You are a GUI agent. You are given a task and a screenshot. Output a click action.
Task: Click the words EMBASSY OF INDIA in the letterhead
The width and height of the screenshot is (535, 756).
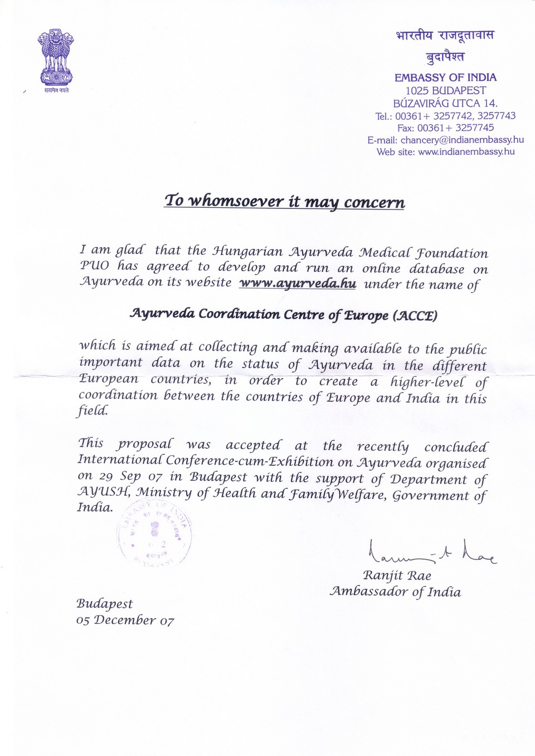[445, 77]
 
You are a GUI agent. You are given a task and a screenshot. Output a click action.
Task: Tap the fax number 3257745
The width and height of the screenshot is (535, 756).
[474, 128]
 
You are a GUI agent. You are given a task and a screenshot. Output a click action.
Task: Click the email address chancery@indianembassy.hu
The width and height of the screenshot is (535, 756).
[462, 140]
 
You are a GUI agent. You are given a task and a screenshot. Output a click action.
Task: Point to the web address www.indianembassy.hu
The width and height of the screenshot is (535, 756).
[466, 152]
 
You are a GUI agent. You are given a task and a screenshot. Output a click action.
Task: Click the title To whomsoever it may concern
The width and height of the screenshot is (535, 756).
[284, 201]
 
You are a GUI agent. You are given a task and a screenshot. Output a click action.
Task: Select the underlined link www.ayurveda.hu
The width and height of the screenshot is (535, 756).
[298, 283]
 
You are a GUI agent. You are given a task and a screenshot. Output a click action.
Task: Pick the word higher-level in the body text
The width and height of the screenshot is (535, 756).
[427, 382]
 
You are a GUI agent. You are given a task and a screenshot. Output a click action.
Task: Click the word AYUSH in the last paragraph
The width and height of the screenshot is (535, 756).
[103, 492]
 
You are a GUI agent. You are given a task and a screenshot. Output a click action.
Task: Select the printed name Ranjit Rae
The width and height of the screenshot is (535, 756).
[397, 575]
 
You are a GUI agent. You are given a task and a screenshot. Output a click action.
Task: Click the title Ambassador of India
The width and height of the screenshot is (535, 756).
[395, 591]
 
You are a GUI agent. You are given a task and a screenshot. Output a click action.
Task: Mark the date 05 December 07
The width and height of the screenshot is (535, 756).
[125, 620]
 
